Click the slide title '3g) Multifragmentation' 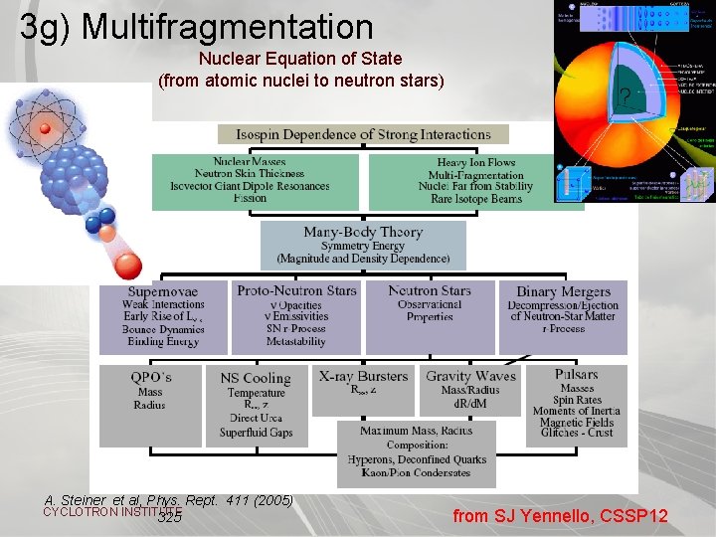click(x=196, y=27)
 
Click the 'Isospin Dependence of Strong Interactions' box click(x=363, y=134)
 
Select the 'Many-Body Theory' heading click(x=363, y=233)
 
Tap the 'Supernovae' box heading click(x=163, y=292)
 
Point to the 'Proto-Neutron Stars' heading click(x=296, y=290)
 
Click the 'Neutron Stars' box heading click(x=430, y=291)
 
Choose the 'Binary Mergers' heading click(x=563, y=292)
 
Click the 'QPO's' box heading click(x=150, y=378)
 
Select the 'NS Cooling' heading click(x=256, y=378)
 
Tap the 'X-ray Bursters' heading click(x=363, y=377)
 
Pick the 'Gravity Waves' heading click(x=470, y=377)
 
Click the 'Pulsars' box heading click(x=577, y=376)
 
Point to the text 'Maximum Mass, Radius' click(x=417, y=431)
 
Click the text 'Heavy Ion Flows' click(x=476, y=163)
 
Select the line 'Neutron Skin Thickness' click(x=250, y=174)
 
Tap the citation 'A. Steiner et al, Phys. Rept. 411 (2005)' click(x=169, y=500)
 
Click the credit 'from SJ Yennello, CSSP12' click(x=560, y=516)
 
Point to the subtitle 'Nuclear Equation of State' click(x=300, y=60)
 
